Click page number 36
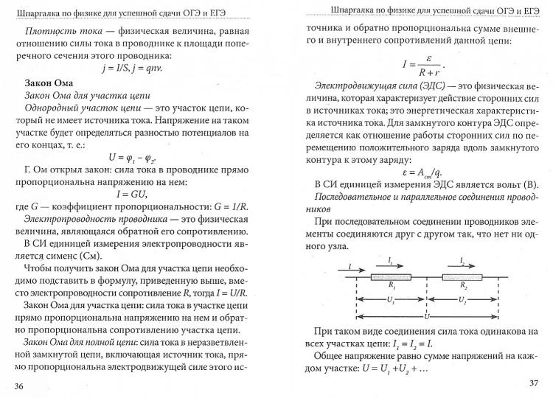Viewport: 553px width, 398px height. pos(19,385)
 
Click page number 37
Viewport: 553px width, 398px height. pos(535,383)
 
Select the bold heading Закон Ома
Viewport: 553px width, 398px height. pos(50,81)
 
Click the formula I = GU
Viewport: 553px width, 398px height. pos(133,194)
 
